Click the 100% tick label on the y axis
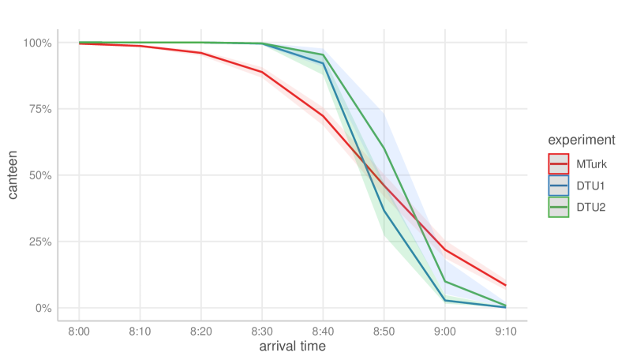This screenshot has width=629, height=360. tap(37, 43)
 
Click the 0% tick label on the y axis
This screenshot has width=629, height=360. tap(43, 308)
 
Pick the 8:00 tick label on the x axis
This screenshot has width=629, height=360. tap(79, 331)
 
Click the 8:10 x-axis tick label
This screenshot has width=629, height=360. tap(140, 331)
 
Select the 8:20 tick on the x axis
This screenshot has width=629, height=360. tap(200, 331)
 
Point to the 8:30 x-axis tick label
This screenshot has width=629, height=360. tap(262, 331)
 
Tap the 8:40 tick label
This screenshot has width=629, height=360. tap(323, 331)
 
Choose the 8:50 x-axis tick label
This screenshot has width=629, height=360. tap(384, 331)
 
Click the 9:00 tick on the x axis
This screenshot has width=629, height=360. tap(445, 331)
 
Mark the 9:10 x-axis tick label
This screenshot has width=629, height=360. tap(506, 331)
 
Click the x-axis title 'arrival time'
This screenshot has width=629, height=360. tap(292, 347)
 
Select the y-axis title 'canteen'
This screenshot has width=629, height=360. tap(14, 174)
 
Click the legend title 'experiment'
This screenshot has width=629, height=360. tap(582, 140)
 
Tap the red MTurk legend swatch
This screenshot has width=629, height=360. tap(559, 164)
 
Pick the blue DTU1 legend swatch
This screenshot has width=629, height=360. tap(559, 186)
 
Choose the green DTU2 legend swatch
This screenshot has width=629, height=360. tap(559, 208)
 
